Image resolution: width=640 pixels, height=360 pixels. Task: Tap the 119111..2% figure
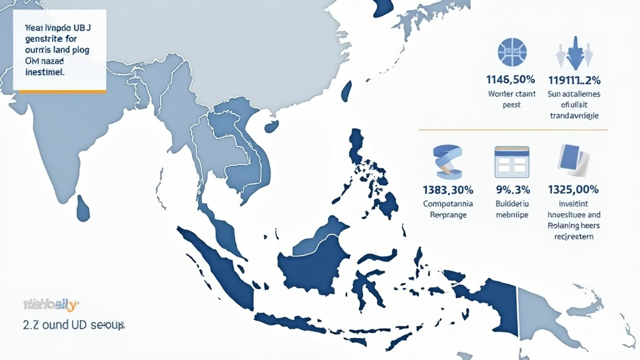pyautogui.click(x=574, y=80)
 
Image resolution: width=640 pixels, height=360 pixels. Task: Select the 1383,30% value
pyautogui.click(x=448, y=189)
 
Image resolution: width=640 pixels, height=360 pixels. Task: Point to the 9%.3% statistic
pyautogui.click(x=512, y=189)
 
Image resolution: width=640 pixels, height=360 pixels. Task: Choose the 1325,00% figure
pyautogui.click(x=573, y=189)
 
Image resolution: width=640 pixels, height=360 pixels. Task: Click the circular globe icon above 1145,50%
pyautogui.click(x=512, y=52)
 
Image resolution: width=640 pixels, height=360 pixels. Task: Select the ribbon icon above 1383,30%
pyautogui.click(x=447, y=161)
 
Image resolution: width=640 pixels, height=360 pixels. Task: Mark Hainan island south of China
pyautogui.click(x=271, y=126)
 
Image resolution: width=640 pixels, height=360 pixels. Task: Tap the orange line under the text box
pyautogui.click(x=60, y=91)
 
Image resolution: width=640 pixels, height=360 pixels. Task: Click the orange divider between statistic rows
pyautogui.click(x=512, y=130)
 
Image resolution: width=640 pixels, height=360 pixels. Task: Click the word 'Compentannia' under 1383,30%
pyautogui.click(x=448, y=204)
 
